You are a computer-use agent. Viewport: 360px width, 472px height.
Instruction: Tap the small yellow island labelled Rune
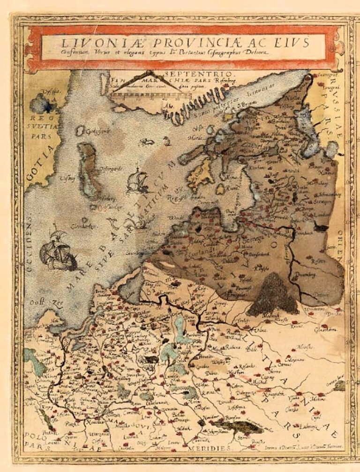pyautogui.click(x=220, y=189)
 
